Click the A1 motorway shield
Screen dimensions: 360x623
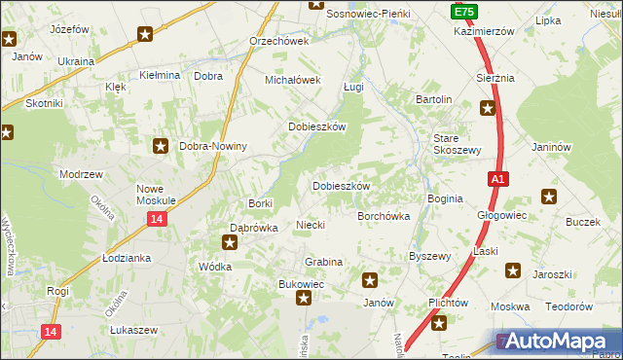(497, 179)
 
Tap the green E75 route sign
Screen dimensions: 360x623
(463, 11)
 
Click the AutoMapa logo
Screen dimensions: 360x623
(559, 341)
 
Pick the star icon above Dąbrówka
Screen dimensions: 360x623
(231, 241)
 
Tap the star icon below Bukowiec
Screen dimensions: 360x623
(304, 300)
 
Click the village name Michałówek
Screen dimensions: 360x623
(293, 80)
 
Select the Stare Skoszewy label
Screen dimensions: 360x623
(458, 145)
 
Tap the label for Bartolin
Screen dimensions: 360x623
(434, 100)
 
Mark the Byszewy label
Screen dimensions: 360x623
(429, 256)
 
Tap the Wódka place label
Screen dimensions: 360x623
(214, 266)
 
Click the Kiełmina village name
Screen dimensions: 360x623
(160, 75)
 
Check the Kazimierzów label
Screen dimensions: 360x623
(483, 31)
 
